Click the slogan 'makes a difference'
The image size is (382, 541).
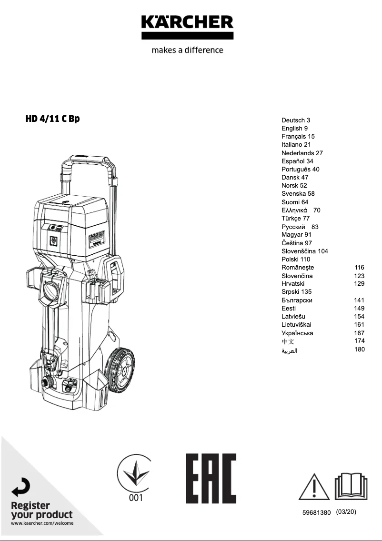(x=187, y=50)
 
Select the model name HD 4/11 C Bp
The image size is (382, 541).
(x=52, y=119)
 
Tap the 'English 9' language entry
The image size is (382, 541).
(x=294, y=129)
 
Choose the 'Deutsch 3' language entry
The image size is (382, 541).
(x=296, y=120)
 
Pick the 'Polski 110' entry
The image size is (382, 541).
(x=295, y=260)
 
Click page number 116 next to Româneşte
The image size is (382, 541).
(x=359, y=268)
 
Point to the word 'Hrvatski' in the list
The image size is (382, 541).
(x=293, y=284)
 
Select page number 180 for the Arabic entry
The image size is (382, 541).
(x=359, y=350)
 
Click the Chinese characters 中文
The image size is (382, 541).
(x=288, y=341)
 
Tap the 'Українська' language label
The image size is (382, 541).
(x=297, y=333)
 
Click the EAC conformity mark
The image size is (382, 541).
(x=211, y=478)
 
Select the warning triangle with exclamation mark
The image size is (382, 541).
(x=314, y=487)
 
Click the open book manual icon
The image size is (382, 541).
(x=351, y=486)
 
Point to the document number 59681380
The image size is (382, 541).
(x=316, y=513)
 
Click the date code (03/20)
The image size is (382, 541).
(x=346, y=512)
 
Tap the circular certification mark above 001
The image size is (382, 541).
(x=135, y=473)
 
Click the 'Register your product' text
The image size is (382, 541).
(x=41, y=510)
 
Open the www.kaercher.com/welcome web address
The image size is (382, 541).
(x=42, y=523)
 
